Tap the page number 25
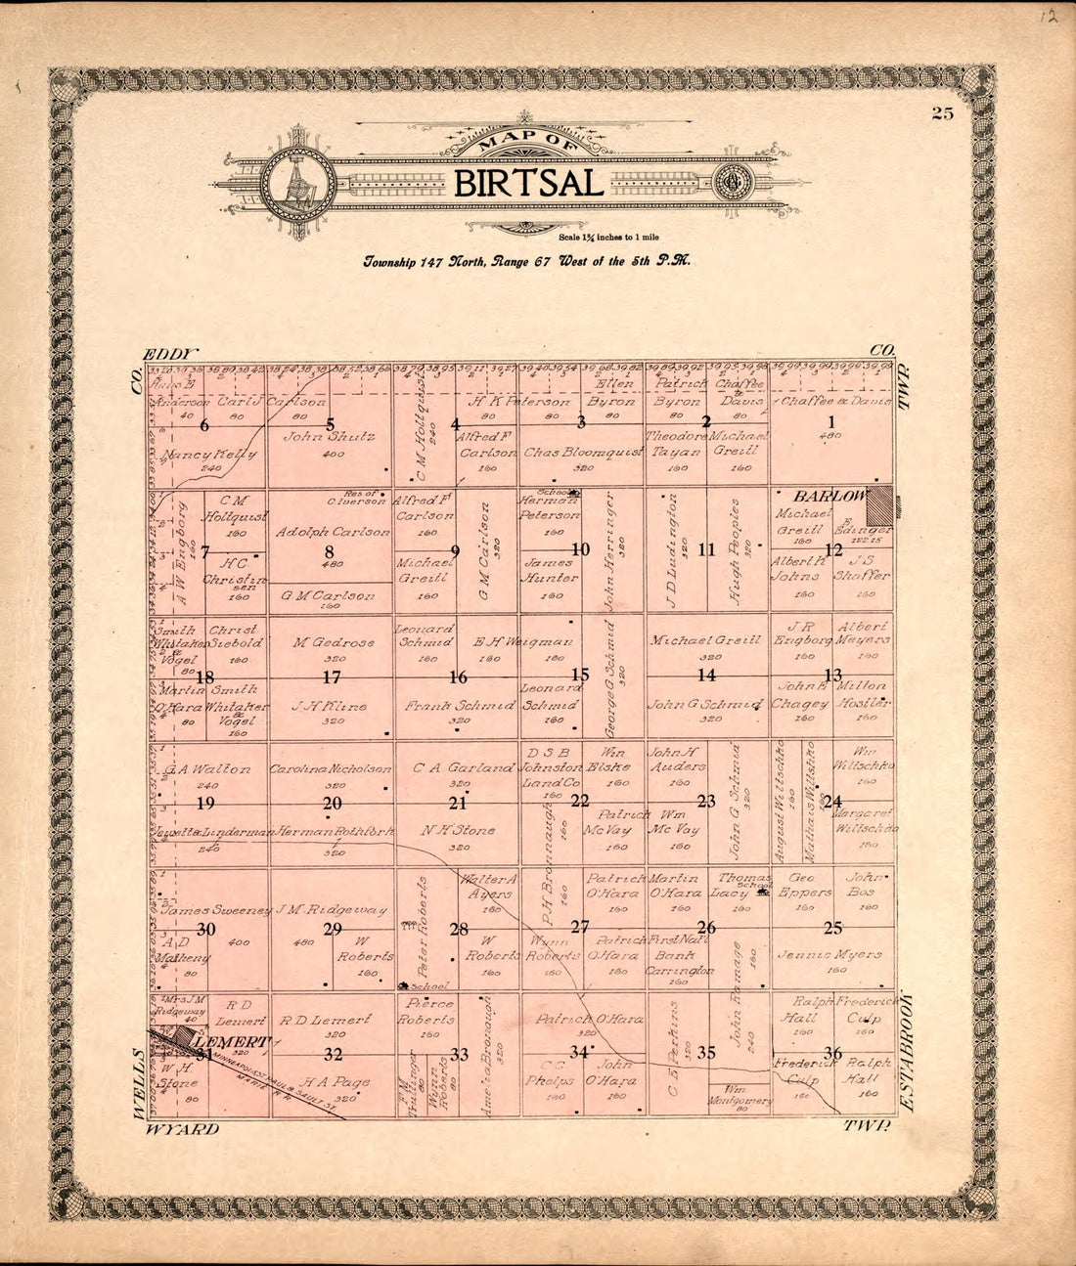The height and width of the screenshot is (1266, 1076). (x=942, y=113)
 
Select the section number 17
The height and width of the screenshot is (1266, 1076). (x=332, y=677)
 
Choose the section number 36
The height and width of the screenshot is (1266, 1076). (x=833, y=1053)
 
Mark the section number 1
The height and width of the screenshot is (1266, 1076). (x=832, y=422)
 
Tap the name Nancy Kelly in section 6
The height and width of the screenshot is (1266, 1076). (x=210, y=456)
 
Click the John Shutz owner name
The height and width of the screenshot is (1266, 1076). (x=330, y=437)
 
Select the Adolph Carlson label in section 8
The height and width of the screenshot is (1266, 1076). (x=333, y=532)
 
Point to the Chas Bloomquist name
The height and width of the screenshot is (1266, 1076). (x=582, y=453)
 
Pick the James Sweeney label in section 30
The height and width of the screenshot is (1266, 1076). (x=216, y=910)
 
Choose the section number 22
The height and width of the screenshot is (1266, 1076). (x=581, y=801)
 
